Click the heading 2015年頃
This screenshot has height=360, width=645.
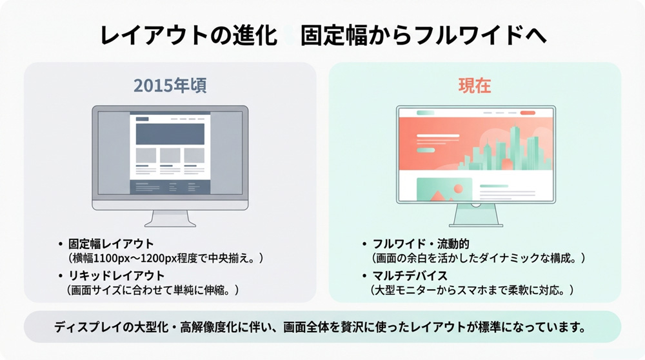170,86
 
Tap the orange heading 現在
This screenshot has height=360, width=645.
475,86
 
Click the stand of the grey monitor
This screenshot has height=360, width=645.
170,217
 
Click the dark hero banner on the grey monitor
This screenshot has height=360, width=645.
170,134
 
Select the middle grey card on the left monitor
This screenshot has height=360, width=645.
170,155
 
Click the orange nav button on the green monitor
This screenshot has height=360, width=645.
528,113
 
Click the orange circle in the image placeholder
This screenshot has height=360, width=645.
459,188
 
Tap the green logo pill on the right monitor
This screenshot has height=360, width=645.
426,113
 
